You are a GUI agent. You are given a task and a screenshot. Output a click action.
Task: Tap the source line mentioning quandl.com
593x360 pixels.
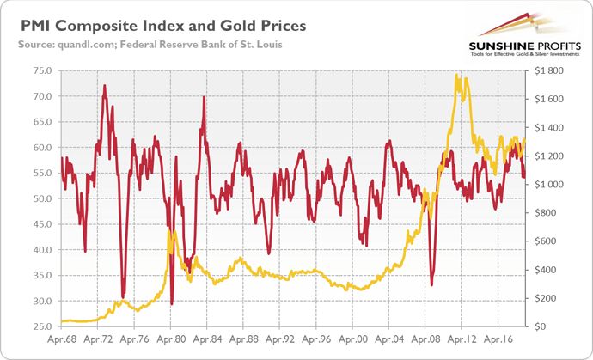point(141,43)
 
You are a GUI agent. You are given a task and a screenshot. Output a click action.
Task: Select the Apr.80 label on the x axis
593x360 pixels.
point(172,340)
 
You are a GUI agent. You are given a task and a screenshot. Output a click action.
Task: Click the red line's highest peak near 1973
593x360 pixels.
point(105,85)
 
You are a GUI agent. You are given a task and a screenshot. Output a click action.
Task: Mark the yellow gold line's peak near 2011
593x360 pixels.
point(456,76)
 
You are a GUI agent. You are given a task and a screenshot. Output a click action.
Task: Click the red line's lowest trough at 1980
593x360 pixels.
point(172,303)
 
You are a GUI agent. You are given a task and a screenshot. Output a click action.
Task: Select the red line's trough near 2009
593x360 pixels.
point(431,284)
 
